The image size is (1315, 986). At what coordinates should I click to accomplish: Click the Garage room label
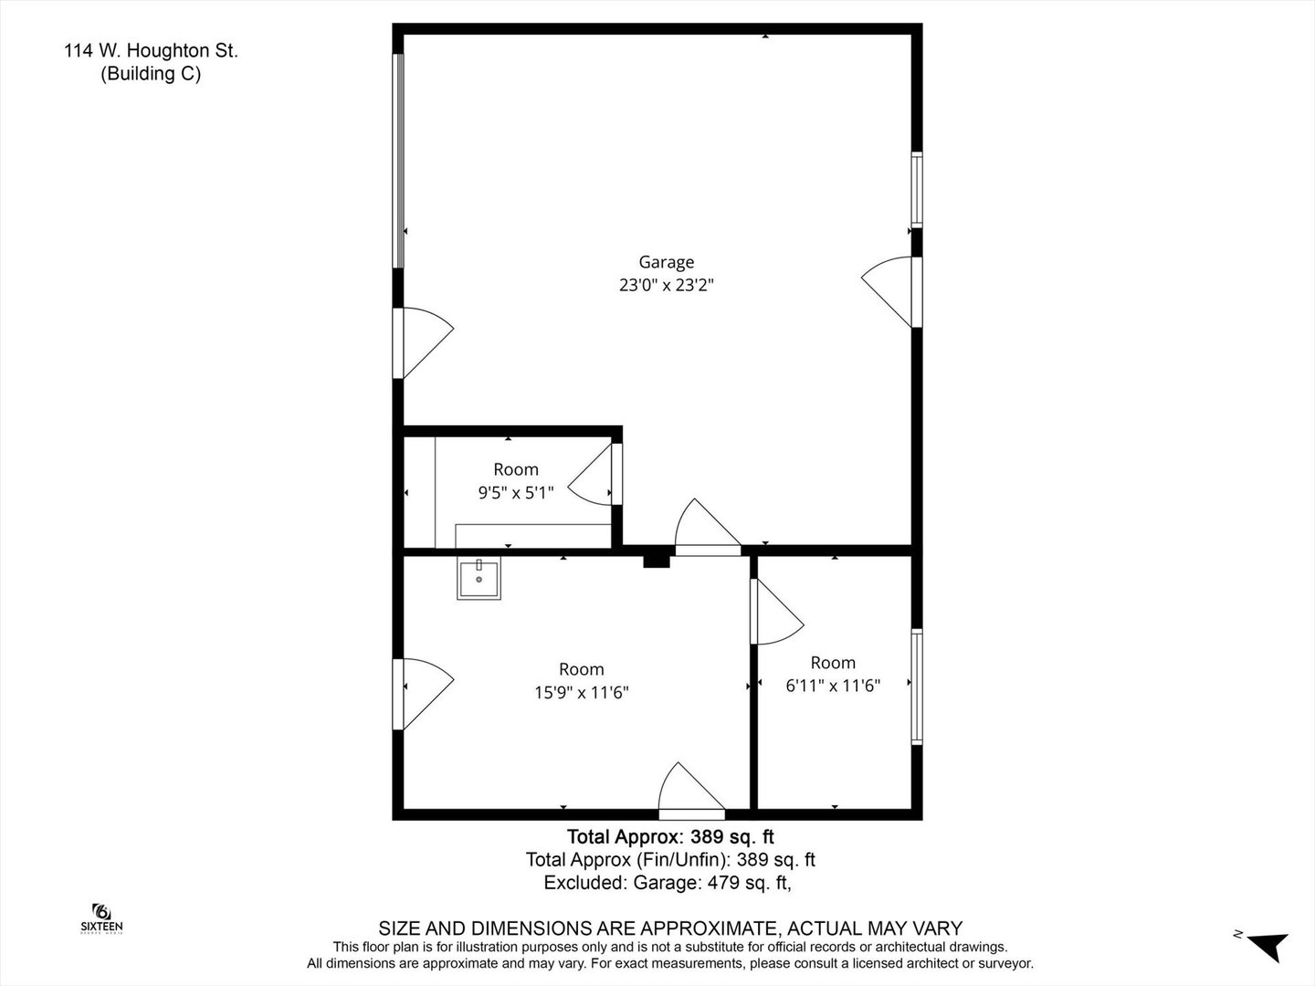point(667,262)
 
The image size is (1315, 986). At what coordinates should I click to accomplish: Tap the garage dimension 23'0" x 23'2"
point(667,285)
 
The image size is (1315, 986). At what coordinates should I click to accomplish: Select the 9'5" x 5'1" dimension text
point(516,493)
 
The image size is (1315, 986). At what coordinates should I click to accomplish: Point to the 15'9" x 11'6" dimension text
point(582,693)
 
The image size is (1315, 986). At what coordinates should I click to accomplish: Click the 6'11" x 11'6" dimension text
point(833,686)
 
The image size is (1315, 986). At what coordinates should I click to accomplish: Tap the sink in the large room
point(479,578)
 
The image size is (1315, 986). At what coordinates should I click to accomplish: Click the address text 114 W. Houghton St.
point(151,51)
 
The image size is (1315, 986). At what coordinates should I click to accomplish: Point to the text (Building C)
point(151,74)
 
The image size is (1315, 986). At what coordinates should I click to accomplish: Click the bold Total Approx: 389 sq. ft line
point(670,836)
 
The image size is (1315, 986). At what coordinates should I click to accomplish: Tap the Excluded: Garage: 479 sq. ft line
point(668,883)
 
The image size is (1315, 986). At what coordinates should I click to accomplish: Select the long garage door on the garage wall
point(398,161)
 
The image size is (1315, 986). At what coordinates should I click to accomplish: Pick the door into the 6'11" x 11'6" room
point(777,612)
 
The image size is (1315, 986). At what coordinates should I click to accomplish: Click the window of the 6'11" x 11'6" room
point(917,687)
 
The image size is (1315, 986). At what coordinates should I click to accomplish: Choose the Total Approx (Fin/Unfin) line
point(670,860)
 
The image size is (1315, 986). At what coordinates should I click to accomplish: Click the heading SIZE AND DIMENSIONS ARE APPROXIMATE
point(670,928)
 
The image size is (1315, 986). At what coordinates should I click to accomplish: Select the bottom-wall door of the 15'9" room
point(692,792)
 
